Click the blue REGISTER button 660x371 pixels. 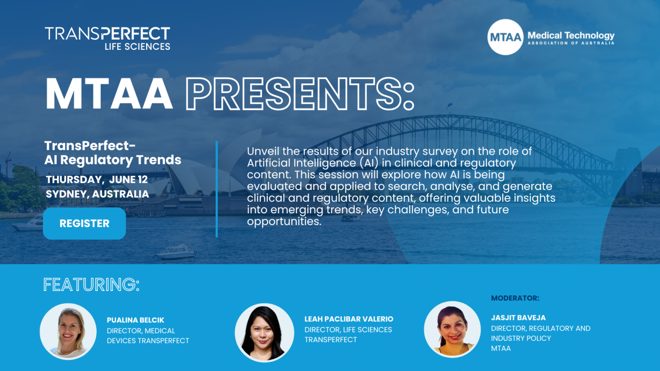coord(85,224)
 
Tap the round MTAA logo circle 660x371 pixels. coord(505,37)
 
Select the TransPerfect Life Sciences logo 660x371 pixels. coord(107,38)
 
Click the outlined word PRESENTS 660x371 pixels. coord(300,94)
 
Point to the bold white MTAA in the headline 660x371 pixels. coord(109,94)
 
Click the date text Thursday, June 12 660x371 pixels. coord(97,180)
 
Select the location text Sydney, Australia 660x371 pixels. coord(97,194)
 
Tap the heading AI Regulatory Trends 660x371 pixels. coord(112,160)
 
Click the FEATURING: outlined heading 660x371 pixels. coord(91,285)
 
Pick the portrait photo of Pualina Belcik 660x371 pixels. coord(68,331)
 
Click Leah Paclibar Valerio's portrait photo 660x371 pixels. coord(264,333)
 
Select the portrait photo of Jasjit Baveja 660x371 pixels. coord(452,330)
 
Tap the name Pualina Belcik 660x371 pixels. coord(135,320)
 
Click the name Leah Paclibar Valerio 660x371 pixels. coord(349,319)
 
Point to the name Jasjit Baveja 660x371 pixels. coord(518,318)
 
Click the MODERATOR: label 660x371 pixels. coord(515,298)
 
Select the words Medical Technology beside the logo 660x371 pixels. coord(571,36)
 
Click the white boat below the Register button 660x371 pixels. coord(176,252)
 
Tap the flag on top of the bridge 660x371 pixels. coord(449,105)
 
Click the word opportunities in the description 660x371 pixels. coord(284,222)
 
